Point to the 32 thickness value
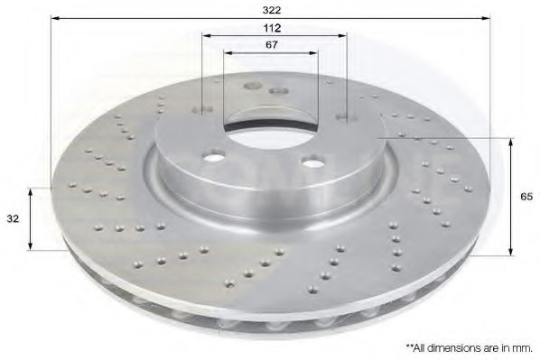pos(14,217)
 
